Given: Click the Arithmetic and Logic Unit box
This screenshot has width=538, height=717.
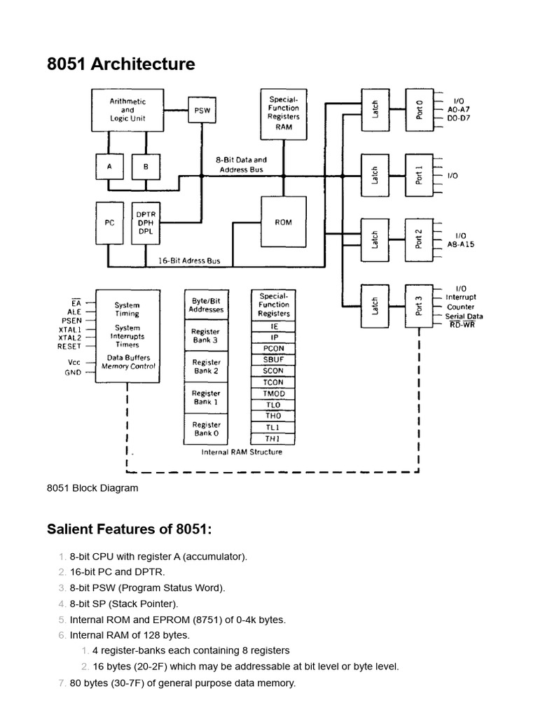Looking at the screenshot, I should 127,110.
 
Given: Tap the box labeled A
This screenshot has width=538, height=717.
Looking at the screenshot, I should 109,167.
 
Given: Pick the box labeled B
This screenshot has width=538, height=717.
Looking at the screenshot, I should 146,167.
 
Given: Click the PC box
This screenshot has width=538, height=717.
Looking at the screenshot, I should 109,223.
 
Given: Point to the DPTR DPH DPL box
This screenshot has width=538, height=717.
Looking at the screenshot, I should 146,223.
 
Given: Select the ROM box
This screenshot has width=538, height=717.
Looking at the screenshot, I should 284,222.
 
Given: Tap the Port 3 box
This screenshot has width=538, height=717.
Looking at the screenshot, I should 419,306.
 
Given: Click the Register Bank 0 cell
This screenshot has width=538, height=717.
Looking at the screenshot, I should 207,429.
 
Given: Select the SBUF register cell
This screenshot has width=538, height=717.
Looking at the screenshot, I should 273,359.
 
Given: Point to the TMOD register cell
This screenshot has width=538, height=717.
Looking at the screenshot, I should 273,394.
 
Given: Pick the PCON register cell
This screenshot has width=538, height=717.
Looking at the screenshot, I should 273,348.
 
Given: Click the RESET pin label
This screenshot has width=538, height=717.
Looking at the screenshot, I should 69,346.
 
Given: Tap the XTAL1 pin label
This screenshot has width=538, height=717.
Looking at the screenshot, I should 69,328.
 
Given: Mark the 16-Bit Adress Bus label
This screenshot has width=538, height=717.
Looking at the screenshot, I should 188,260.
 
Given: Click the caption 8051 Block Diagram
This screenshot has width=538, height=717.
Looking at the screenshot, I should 92,488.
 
